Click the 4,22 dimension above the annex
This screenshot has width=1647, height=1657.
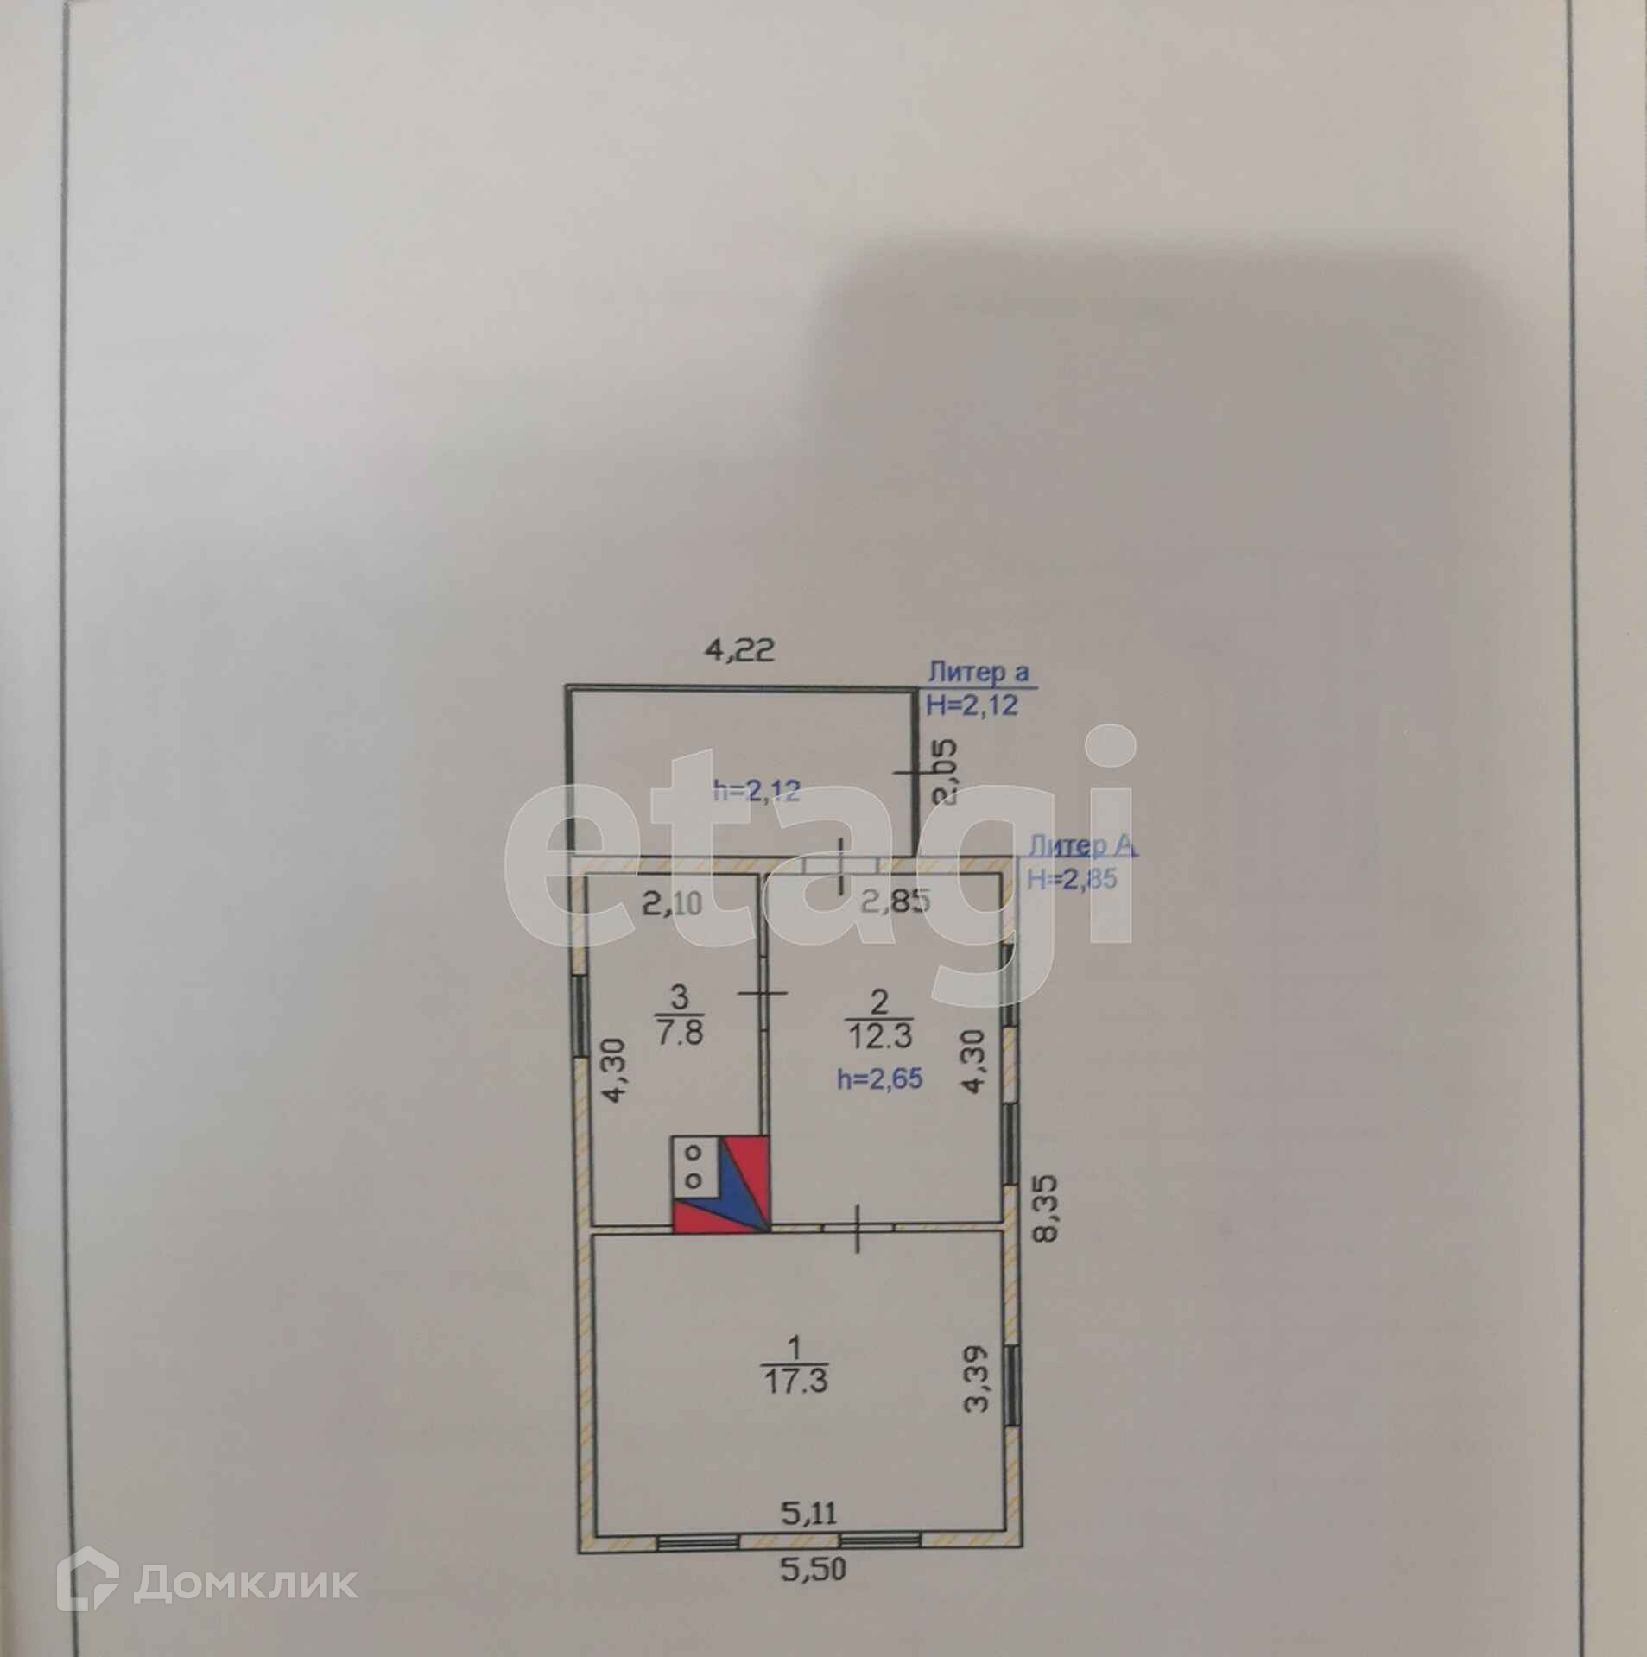pyautogui.click(x=740, y=649)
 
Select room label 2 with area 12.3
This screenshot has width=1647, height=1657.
pyautogui.click(x=879, y=1017)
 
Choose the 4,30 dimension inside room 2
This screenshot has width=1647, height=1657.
pyautogui.click(x=973, y=1070)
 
